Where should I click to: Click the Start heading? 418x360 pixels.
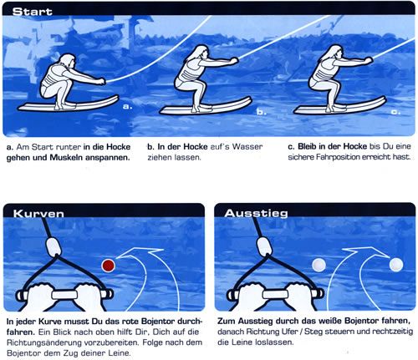pos(32,12)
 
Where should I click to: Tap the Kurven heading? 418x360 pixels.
pos(38,213)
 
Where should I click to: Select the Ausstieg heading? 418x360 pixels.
pos(256,213)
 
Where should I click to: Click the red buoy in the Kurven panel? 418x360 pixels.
pos(108,266)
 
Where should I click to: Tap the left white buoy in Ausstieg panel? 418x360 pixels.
pos(319,265)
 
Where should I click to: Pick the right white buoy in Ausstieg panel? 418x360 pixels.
pos(396,265)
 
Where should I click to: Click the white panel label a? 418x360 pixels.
pos(127,106)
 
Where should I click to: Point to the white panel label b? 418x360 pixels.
pos(262,112)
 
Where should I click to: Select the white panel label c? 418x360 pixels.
pos(395,112)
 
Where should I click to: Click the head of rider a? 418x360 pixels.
pos(68,61)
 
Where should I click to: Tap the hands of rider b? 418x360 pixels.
pos(234,61)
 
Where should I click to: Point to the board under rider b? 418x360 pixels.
pos(206,107)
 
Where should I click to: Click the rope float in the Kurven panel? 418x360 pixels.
pos(54,246)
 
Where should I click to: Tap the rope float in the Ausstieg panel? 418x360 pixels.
pos(264,246)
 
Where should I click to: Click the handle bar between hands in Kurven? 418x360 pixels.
pos(64,295)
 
